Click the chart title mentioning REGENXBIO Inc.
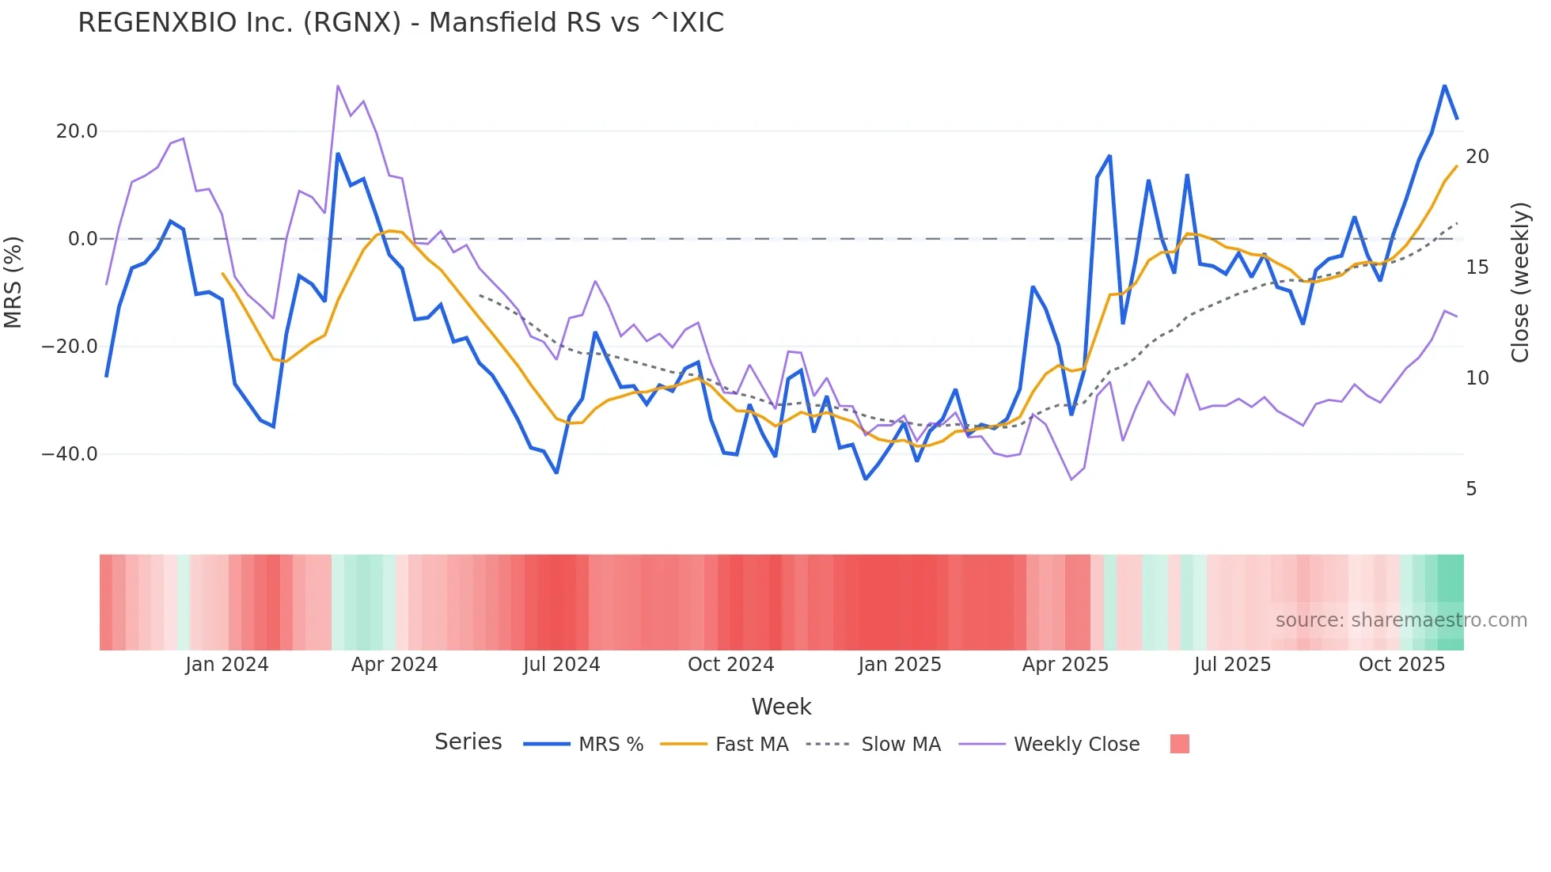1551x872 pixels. [x=400, y=23]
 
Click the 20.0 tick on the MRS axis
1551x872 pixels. [x=77, y=131]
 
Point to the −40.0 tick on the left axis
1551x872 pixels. [x=70, y=454]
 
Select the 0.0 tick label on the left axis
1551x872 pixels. [x=83, y=239]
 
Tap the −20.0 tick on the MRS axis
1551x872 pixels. [x=70, y=347]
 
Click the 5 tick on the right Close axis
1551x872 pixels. [x=1471, y=489]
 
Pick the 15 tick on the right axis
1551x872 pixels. [x=1477, y=267]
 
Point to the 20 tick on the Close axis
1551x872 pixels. [x=1477, y=157]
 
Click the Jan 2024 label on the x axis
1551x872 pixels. [x=227, y=665]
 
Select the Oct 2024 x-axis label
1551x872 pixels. [x=730, y=665]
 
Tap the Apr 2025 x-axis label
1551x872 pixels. [x=1065, y=665]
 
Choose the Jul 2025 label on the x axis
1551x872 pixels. [x=1232, y=665]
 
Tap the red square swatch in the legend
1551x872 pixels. [x=1179, y=744]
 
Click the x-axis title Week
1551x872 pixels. [x=781, y=707]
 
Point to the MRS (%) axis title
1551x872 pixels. [x=13, y=282]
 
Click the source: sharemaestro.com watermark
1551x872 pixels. [x=1401, y=620]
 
